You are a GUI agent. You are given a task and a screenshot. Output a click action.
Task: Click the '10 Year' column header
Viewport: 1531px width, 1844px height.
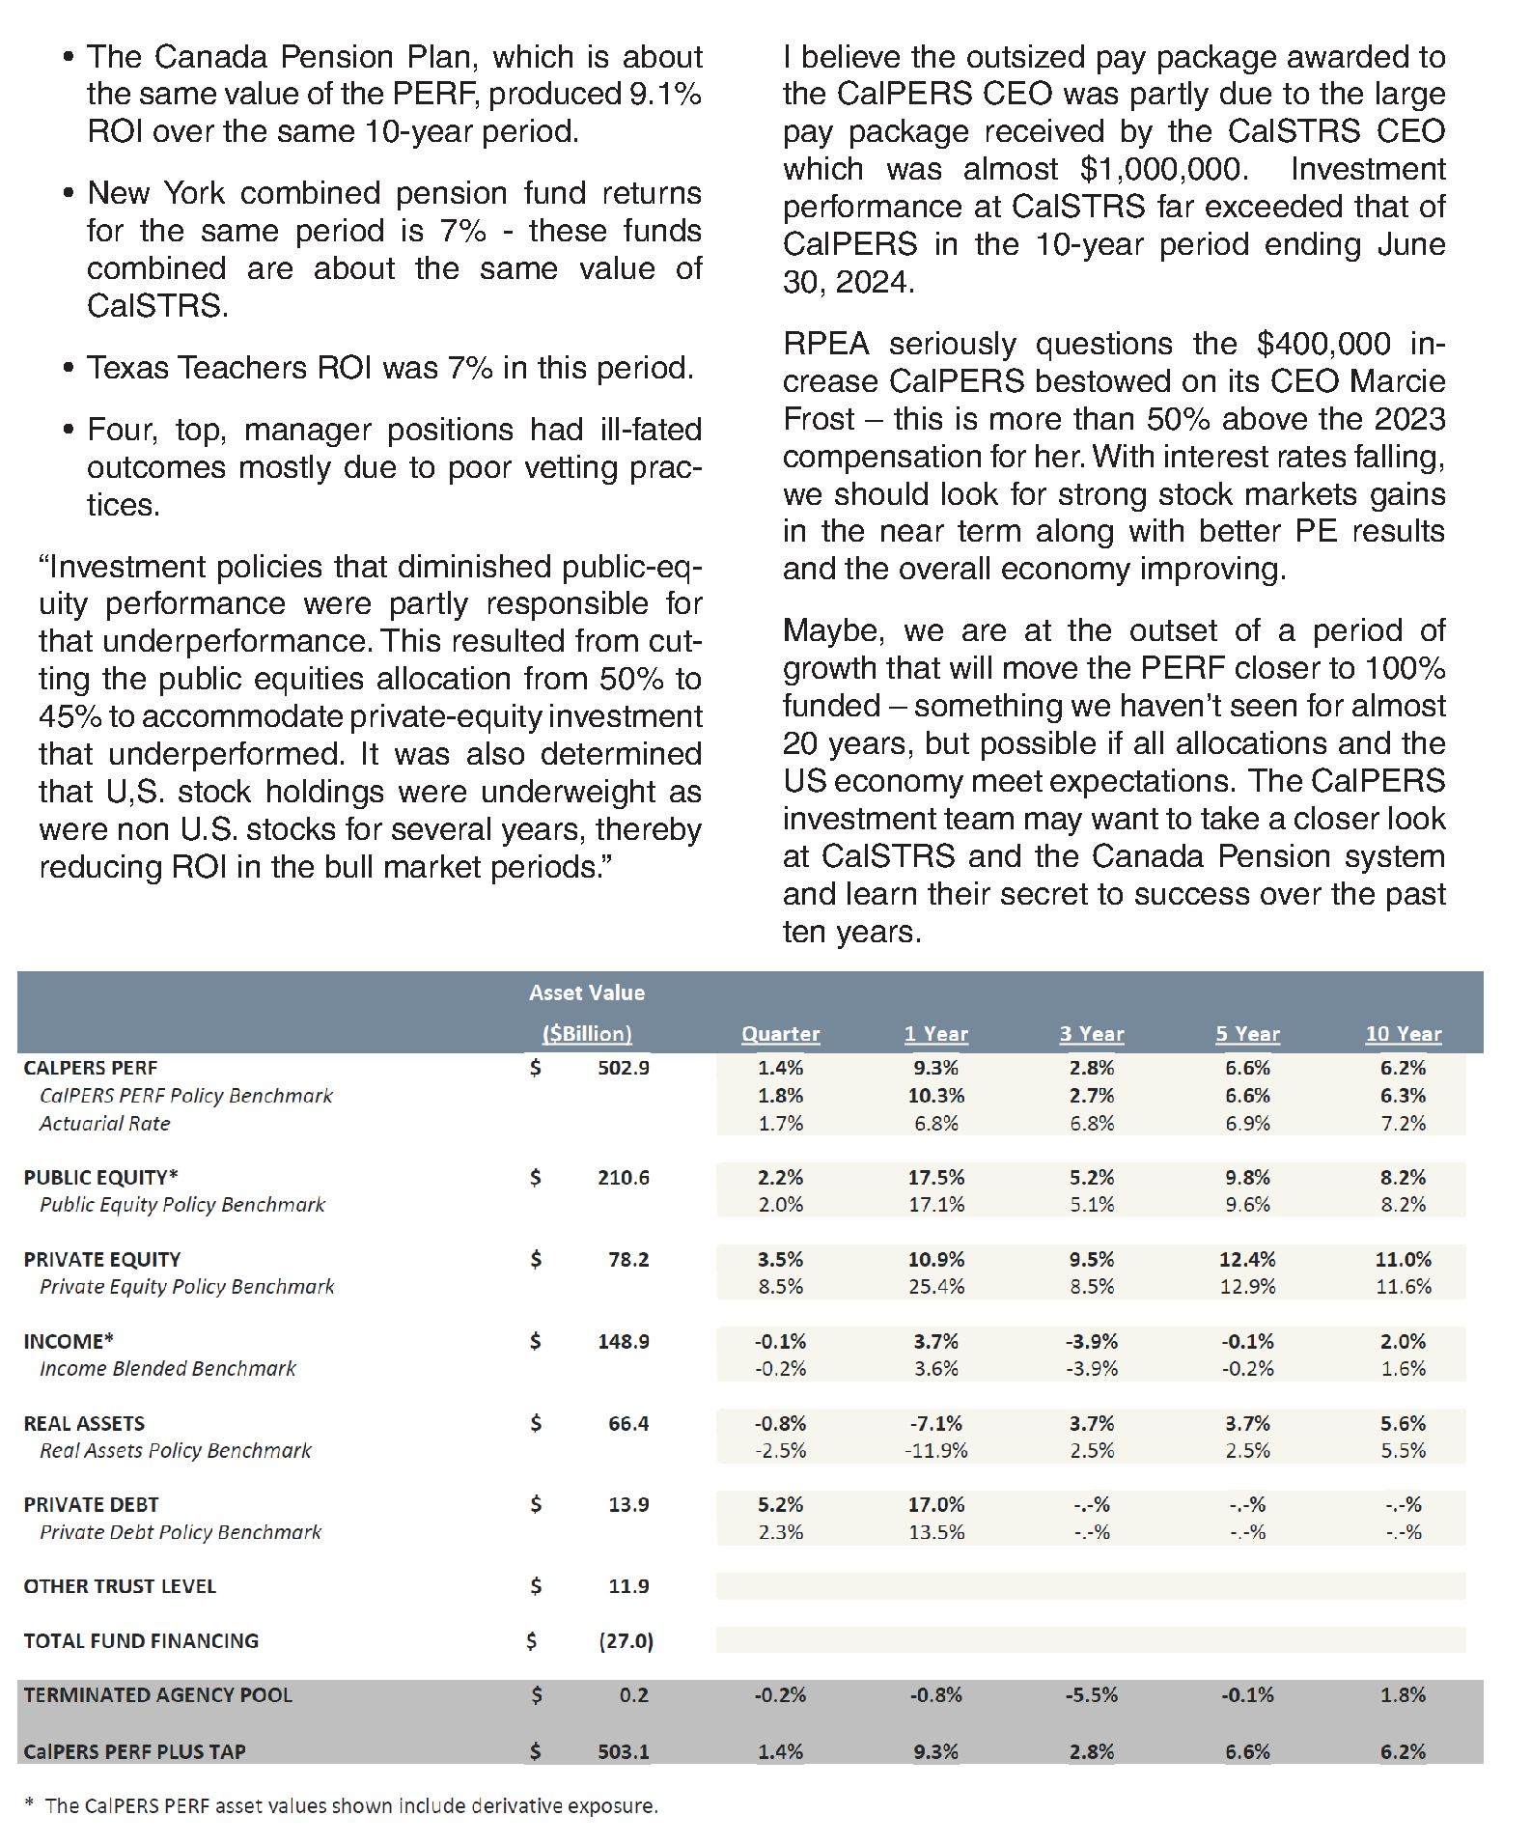(1403, 1034)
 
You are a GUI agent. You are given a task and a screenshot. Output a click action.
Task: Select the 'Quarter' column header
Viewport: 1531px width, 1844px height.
(780, 1034)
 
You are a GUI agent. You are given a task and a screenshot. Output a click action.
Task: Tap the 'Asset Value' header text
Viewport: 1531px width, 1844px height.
(586, 992)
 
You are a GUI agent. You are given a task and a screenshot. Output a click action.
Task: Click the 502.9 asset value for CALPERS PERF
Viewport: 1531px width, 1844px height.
(623, 1068)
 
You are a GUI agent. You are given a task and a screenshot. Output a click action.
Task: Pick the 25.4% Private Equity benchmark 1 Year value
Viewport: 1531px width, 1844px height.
(935, 1287)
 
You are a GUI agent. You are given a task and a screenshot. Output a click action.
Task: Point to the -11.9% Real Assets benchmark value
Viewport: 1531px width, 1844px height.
(935, 1451)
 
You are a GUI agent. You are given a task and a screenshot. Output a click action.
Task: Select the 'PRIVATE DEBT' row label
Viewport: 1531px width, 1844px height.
(91, 1505)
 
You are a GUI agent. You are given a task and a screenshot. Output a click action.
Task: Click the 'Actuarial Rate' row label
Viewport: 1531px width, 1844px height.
(104, 1124)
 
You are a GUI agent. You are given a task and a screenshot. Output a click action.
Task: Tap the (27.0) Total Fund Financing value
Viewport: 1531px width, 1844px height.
(626, 1641)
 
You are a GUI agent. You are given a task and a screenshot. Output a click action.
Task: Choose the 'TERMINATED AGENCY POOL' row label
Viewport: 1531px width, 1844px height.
(157, 1695)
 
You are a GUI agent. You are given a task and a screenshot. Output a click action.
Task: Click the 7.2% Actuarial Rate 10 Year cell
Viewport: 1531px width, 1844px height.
(1403, 1124)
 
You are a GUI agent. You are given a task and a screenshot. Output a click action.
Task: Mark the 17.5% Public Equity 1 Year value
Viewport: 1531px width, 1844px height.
(935, 1178)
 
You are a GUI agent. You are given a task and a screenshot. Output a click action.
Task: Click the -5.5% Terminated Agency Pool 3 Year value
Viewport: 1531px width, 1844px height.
(1091, 1695)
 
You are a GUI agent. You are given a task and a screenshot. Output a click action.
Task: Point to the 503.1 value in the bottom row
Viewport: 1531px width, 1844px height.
(623, 1751)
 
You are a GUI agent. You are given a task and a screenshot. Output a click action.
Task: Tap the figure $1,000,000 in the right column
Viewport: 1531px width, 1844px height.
(1163, 169)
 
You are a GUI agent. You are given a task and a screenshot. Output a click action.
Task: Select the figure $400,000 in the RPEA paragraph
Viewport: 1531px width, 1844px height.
(1323, 344)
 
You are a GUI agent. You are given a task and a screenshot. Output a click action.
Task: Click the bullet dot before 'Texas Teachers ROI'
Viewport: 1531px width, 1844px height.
(68, 368)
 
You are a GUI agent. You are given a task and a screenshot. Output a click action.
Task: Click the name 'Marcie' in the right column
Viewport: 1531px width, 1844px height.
(1397, 381)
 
